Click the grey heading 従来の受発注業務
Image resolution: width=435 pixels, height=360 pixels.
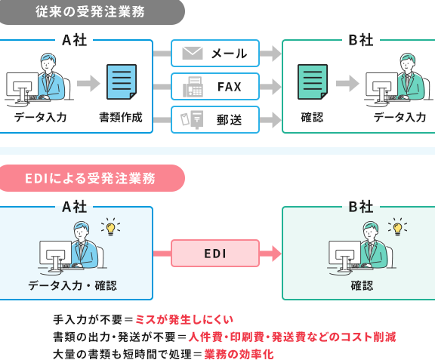90,11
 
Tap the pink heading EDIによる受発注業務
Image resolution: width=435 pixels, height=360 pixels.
90,178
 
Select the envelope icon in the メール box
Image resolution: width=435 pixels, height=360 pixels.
193,54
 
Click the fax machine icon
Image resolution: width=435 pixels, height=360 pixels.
193,87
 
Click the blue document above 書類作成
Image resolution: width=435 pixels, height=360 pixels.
122,82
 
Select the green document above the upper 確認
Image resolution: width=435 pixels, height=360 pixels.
313,82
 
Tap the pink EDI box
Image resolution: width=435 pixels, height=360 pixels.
215,254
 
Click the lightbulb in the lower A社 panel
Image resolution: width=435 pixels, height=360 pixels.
110,227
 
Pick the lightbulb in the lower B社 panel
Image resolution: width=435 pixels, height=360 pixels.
397,227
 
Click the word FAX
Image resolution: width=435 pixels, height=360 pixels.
229,87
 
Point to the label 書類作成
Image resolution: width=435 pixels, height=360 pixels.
121,117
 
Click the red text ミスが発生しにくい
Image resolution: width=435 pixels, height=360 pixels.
184,320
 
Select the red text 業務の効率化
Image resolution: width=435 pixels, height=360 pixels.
239,354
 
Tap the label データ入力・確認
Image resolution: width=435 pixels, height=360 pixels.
72,285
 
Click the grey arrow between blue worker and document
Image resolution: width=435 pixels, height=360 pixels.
88,83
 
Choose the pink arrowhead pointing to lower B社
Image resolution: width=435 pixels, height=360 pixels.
276,254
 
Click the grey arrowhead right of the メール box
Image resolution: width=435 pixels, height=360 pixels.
276,54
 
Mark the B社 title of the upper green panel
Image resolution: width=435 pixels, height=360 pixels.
361,40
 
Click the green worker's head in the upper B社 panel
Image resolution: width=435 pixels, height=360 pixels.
407,63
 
